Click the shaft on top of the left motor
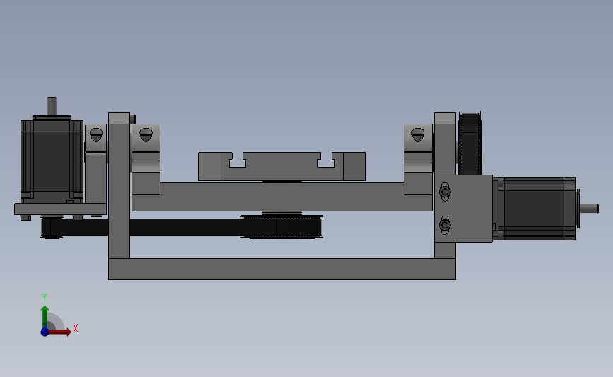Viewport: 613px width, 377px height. (x=52, y=106)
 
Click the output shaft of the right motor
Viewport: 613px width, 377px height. (x=589, y=209)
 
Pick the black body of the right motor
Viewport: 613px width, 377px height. (x=535, y=209)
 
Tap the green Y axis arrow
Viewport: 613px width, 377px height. (x=45, y=317)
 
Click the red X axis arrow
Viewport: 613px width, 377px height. (x=59, y=332)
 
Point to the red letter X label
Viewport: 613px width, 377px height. (x=76, y=328)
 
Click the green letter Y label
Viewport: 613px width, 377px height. (x=44, y=298)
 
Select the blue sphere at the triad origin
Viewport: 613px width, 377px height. (x=45, y=332)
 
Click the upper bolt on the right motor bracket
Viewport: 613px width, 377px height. (x=445, y=192)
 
